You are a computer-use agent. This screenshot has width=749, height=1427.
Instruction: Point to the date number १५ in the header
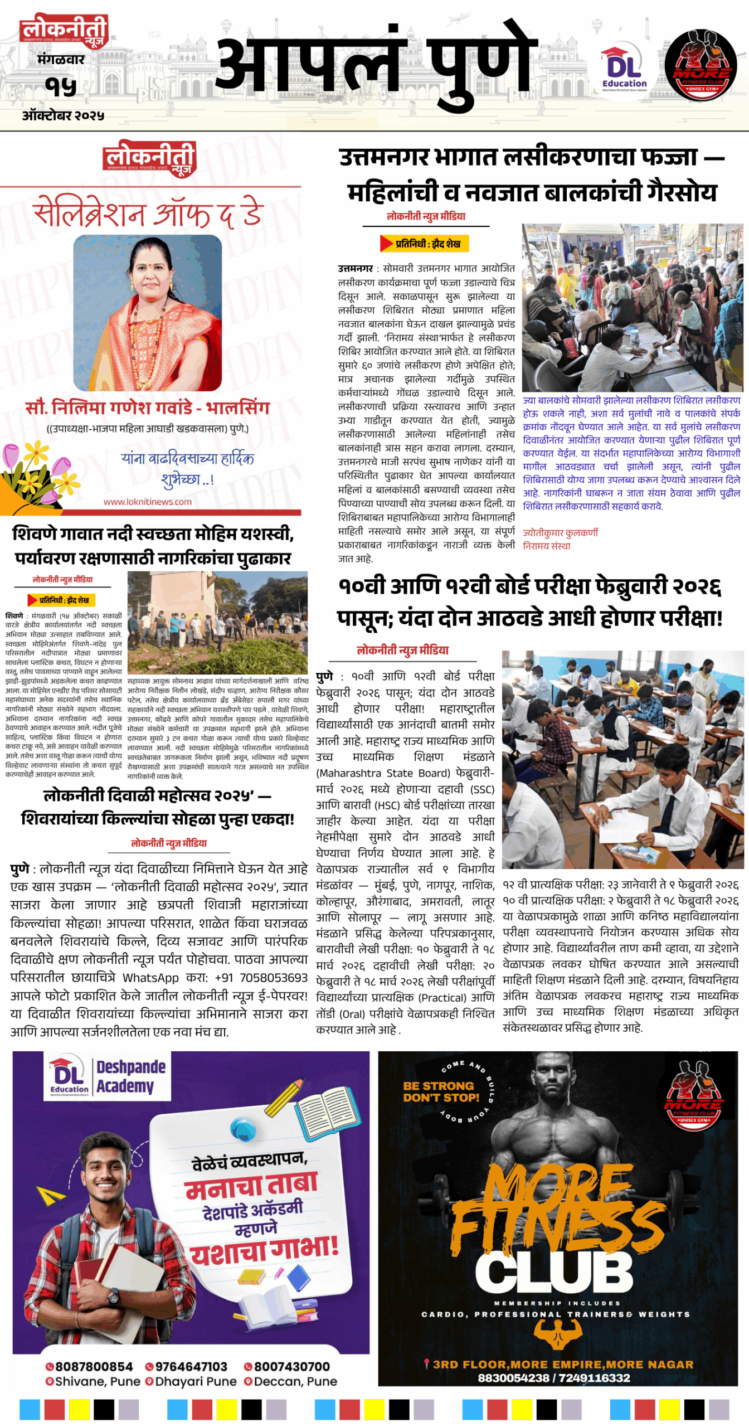point(61,86)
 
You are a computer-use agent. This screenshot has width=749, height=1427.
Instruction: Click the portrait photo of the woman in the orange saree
point(148,312)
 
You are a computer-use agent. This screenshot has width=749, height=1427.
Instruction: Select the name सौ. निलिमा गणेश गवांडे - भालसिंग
point(148,408)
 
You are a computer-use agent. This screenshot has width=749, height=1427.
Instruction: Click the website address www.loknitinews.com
point(148,502)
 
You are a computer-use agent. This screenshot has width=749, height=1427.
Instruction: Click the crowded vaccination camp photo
point(632,308)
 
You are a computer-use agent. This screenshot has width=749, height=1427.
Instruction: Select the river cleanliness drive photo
point(217,622)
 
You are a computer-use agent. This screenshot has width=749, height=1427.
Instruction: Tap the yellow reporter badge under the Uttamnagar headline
point(424,244)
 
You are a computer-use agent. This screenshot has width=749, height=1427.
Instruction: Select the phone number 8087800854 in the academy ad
point(90,1366)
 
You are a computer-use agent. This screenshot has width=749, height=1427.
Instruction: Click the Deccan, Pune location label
point(290,1381)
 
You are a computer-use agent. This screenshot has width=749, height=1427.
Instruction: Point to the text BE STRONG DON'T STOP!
point(440,1091)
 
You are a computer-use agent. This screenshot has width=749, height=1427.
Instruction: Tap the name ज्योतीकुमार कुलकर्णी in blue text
point(560,533)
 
